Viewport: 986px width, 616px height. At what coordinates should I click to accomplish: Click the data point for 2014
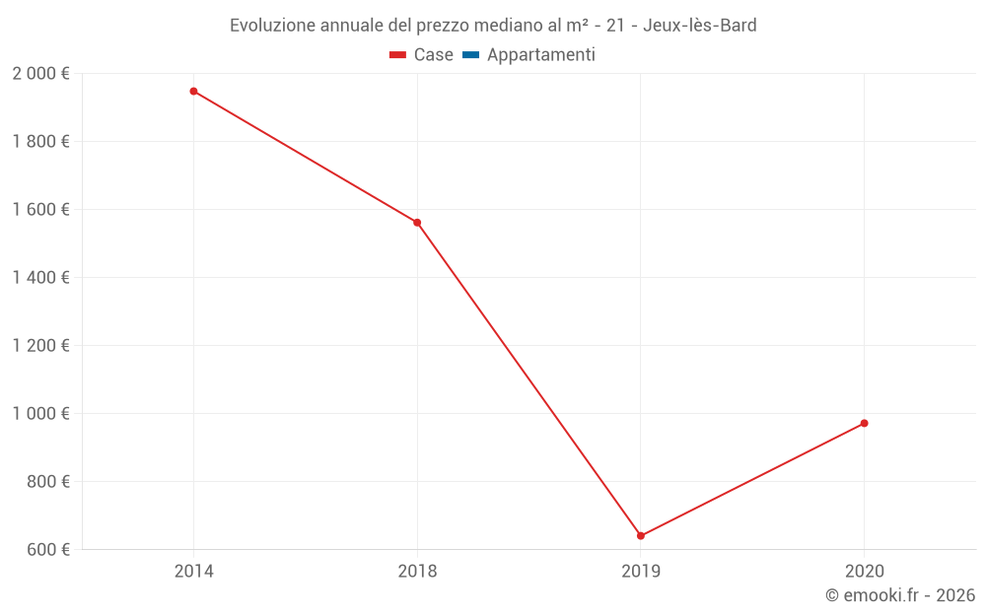tap(193, 91)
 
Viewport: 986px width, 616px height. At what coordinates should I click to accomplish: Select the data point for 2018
tap(417, 223)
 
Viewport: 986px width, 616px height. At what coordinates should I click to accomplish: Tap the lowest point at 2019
tap(641, 536)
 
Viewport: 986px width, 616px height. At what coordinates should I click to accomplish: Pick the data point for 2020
tap(864, 424)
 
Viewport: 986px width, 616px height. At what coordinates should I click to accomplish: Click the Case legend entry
tap(422, 55)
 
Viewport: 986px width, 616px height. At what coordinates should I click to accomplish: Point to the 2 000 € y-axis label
tap(40, 74)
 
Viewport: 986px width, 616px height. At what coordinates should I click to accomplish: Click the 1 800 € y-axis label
tap(40, 142)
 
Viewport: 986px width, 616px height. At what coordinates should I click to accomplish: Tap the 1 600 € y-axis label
tap(40, 210)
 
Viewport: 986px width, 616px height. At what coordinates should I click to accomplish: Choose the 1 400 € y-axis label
tap(40, 278)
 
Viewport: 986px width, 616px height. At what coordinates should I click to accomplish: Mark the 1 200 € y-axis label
tap(40, 346)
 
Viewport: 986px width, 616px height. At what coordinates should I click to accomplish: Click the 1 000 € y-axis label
tap(40, 414)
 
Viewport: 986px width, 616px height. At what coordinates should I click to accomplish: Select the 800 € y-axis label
tap(46, 482)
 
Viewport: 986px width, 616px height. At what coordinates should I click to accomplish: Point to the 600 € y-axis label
tap(46, 550)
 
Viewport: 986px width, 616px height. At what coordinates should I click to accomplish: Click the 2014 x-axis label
tap(193, 571)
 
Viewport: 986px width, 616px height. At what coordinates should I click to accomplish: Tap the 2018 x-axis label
tap(417, 571)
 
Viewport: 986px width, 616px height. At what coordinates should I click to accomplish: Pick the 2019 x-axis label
tap(641, 571)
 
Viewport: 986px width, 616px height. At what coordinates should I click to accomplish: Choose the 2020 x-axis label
tap(864, 571)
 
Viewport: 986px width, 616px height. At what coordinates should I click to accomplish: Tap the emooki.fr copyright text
tap(900, 595)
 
